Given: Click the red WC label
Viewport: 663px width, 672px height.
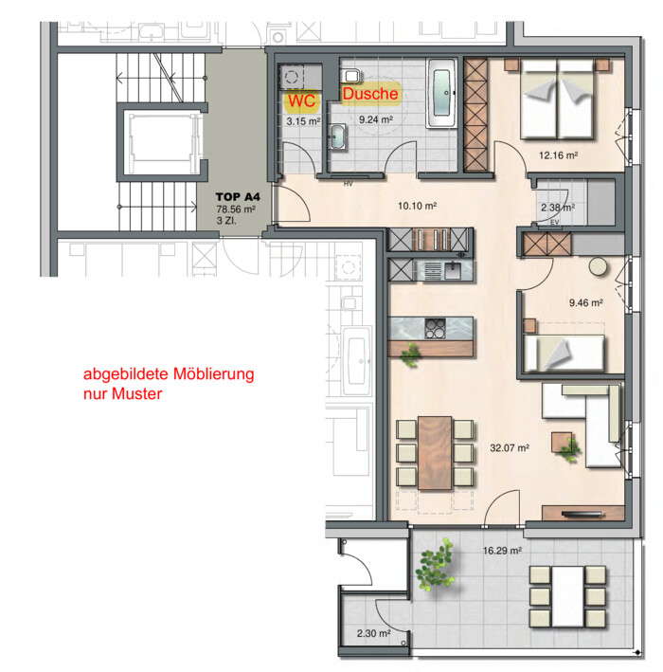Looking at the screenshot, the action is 301,100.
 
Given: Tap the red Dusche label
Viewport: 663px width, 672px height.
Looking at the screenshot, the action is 370,94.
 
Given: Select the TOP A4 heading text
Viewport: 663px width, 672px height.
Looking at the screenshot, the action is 238,197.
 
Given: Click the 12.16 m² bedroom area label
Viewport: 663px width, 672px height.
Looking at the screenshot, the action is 559,155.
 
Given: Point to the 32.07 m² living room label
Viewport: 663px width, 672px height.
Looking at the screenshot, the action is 510,448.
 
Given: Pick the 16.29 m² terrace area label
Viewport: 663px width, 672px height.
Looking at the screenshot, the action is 502,551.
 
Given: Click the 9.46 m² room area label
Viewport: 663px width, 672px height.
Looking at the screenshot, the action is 586,302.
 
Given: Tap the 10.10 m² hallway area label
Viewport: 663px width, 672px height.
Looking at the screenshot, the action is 417,206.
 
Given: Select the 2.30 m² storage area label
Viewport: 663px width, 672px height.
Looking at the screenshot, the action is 373,633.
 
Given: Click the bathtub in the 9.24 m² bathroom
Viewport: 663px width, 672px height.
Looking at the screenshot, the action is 441,94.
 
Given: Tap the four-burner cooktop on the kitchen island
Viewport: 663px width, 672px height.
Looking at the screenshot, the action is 435,328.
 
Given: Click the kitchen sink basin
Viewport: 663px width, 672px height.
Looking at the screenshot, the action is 453,270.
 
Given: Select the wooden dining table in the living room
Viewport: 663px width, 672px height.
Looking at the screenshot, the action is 435,452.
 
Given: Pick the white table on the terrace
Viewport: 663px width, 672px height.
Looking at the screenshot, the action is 568,596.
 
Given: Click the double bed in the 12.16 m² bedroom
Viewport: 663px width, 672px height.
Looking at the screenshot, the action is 557,100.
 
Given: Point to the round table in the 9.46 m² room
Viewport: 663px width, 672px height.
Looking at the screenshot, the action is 599,266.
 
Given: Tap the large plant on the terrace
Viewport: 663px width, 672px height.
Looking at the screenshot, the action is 435,564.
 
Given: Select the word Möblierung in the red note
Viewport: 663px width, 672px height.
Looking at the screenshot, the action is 213,373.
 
